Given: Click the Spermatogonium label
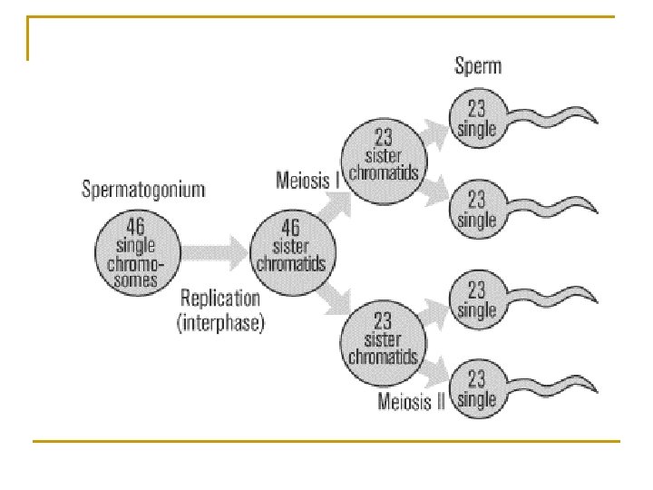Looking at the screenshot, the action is click(x=143, y=190).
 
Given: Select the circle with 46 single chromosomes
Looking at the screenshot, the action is click(x=137, y=253).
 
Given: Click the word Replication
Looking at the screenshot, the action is click(x=220, y=298).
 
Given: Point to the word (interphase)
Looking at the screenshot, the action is click(x=220, y=322).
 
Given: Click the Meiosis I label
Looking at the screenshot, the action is click(x=307, y=180).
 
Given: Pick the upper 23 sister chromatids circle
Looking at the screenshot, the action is click(x=382, y=154).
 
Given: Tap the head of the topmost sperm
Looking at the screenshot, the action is click(x=476, y=119).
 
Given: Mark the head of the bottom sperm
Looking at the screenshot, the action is click(x=476, y=388).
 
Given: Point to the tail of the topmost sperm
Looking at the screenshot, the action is click(x=553, y=119).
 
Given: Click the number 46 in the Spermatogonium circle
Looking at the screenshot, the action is click(x=136, y=227).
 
